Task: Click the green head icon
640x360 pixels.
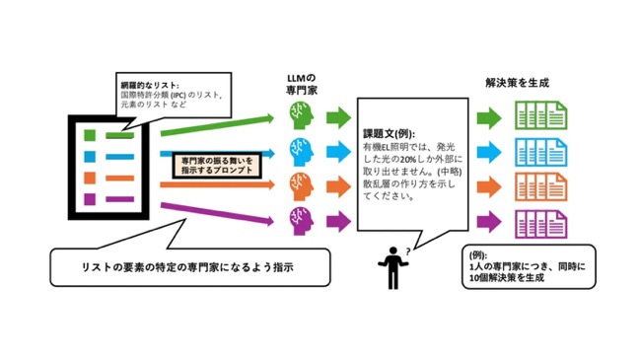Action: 302,116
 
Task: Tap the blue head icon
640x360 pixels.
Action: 302,152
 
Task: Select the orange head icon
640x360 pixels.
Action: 302,186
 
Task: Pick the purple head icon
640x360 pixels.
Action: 302,221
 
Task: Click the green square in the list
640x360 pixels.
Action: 90,135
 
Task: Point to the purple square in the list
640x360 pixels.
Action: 90,199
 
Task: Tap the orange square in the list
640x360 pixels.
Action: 90,178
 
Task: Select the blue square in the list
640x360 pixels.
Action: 90,156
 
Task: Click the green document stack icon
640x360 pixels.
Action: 540,115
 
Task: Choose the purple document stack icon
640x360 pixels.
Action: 540,224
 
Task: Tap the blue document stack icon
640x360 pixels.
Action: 540,152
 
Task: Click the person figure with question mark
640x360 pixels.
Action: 393,267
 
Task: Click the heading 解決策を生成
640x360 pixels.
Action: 517,83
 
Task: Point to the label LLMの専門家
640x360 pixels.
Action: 302,85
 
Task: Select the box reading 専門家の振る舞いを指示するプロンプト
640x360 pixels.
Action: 217,166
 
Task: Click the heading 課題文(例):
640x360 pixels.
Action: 389,134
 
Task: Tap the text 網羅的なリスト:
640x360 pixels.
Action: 150,86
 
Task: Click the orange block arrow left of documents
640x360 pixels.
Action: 489,187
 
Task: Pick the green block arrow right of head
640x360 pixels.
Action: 338,117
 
